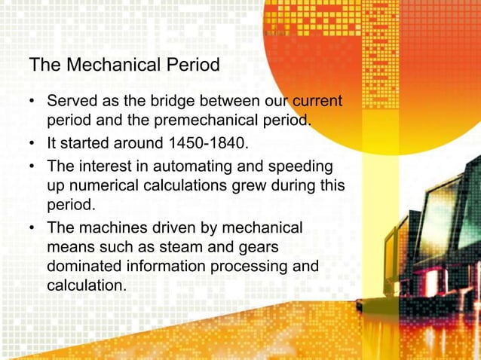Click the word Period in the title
pyautogui.click(x=195, y=66)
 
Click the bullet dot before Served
pyautogui.click(x=33, y=101)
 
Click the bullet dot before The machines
pyautogui.click(x=33, y=227)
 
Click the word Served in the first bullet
pyautogui.click(x=72, y=101)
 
